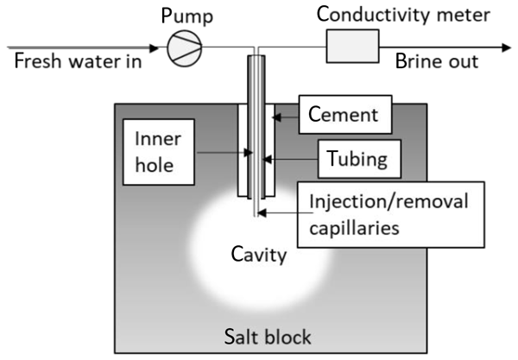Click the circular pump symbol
181,49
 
